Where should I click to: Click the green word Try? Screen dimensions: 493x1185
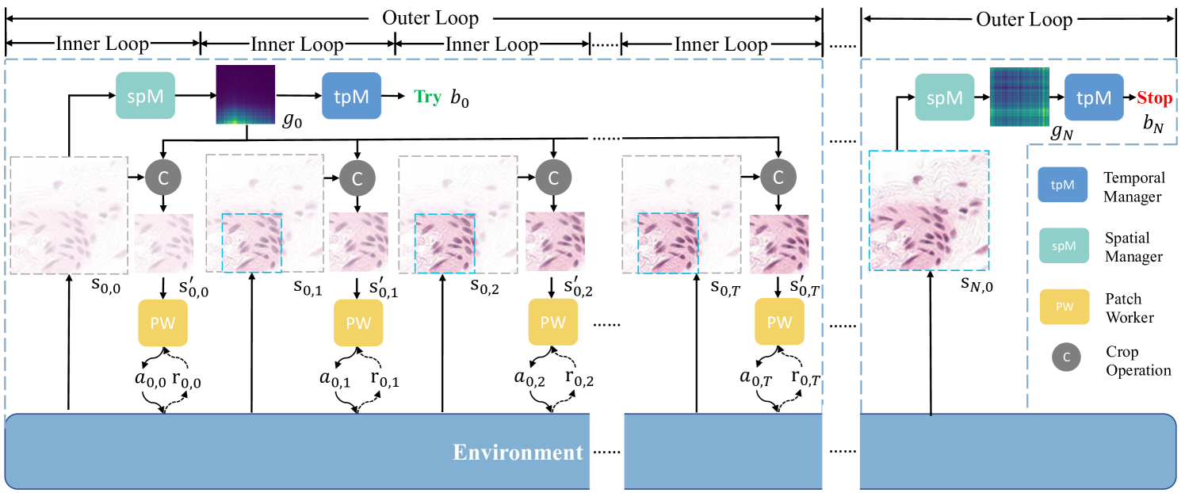point(427,97)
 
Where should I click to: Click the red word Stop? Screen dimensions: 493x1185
point(1154,99)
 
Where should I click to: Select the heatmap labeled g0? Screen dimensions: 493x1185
point(246,95)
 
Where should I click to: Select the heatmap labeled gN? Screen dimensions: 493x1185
point(1019,97)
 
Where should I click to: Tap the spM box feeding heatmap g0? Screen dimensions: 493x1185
point(145,95)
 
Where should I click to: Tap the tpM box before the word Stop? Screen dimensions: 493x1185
point(1094,97)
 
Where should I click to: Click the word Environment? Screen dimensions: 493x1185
point(518,453)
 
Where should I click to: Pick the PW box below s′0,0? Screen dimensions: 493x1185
point(163,323)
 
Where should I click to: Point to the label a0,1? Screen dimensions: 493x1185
point(334,379)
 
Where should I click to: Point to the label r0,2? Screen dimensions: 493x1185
point(579,379)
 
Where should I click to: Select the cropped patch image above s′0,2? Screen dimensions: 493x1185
point(555,243)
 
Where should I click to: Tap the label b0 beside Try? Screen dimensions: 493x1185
point(460,100)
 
